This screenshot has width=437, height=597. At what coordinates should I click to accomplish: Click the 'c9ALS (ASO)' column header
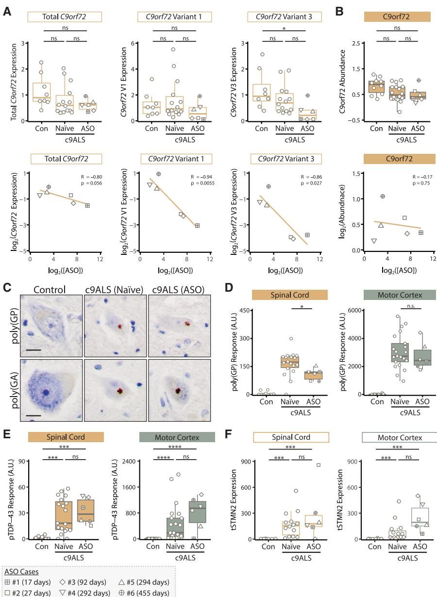tap(176, 290)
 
